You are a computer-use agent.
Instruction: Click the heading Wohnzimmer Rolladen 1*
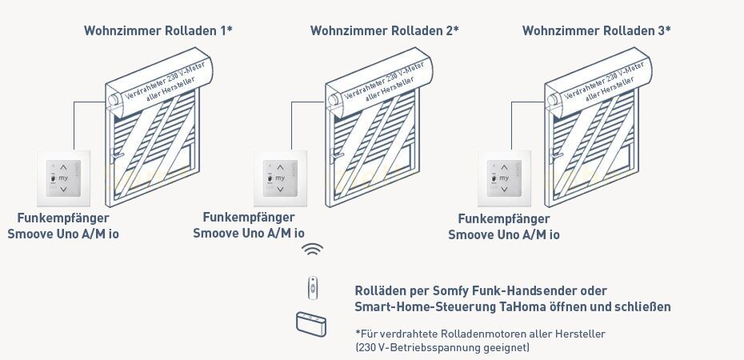click(158, 30)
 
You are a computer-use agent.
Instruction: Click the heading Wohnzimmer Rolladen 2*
click(384, 30)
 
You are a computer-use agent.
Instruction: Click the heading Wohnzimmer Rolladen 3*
click(596, 30)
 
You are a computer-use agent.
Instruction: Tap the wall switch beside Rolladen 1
click(66, 179)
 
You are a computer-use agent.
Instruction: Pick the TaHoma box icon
click(313, 323)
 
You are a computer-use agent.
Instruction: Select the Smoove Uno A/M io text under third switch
click(503, 234)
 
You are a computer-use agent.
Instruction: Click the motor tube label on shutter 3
click(605, 86)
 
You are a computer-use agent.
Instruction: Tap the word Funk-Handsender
click(526, 290)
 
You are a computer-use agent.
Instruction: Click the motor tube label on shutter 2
click(385, 86)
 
